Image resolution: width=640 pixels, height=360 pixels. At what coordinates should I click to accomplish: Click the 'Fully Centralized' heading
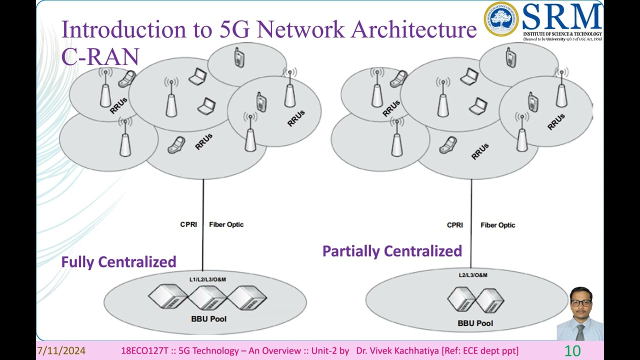pyautogui.click(x=118, y=262)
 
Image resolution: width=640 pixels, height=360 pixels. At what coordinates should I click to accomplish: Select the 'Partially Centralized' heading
pyautogui.click(x=392, y=251)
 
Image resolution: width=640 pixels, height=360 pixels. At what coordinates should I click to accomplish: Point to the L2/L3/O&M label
pyautogui.click(x=473, y=275)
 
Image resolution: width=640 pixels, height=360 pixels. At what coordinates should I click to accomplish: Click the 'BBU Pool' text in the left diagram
pyautogui.click(x=208, y=318)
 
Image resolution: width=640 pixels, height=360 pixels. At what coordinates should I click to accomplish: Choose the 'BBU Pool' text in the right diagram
pyautogui.click(x=475, y=323)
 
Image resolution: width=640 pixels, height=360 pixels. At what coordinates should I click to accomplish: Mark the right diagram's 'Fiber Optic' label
pyautogui.click(x=497, y=225)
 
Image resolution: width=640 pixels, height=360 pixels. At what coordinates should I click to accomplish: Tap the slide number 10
pyautogui.click(x=572, y=351)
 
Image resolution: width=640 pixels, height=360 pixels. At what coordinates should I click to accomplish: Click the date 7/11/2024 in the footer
pyautogui.click(x=61, y=351)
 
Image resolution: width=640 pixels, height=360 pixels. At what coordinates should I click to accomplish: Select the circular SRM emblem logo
pyautogui.click(x=501, y=19)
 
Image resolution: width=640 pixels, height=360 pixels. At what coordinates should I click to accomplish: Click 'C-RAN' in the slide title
pyautogui.click(x=100, y=56)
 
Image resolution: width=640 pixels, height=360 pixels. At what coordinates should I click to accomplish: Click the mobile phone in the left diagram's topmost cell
pyautogui.click(x=239, y=58)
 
